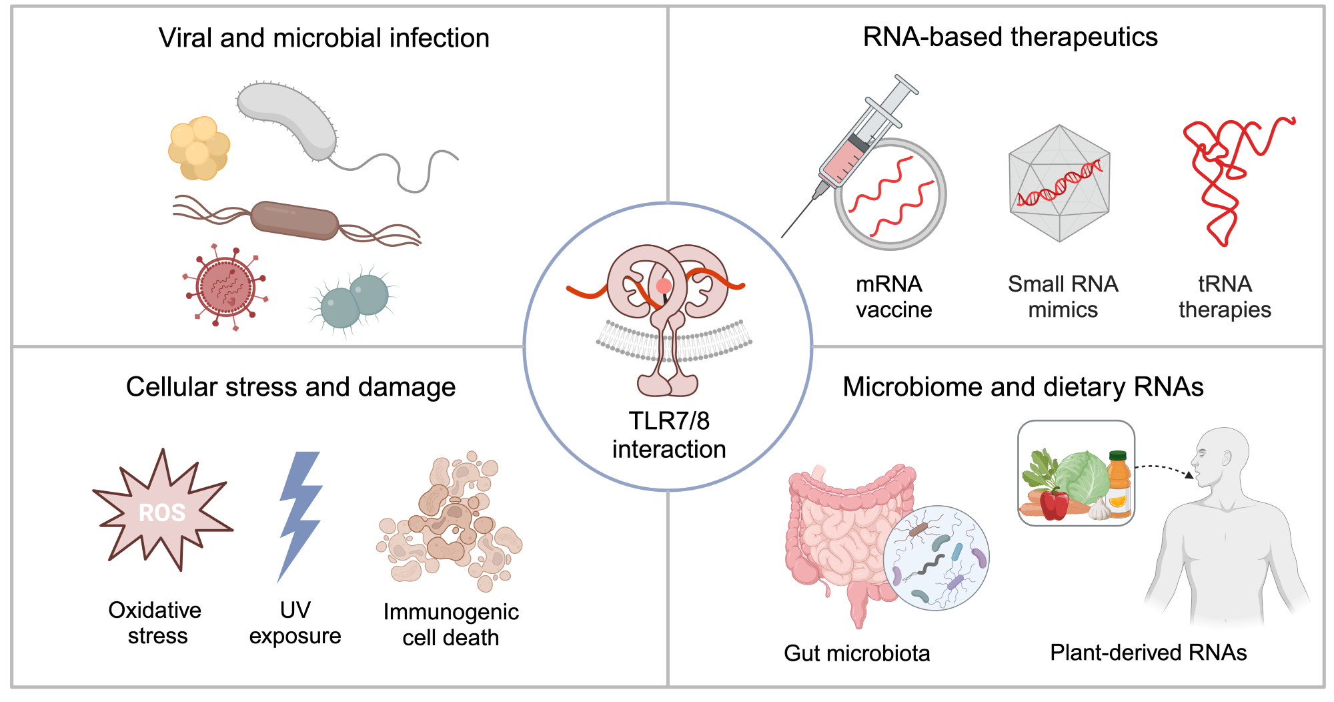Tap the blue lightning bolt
[x=299, y=514]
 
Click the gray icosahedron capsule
[x=1059, y=184]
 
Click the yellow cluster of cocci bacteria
[x=199, y=148]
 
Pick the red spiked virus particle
[x=226, y=287]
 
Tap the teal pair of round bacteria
[x=354, y=301]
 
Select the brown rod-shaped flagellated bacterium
[x=295, y=220]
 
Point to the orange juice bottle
[x=1119, y=485]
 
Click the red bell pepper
[x=1054, y=503]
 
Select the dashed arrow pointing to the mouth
[x=1164, y=468]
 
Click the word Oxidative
[x=155, y=610]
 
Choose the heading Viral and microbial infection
[x=323, y=38]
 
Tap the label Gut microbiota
[x=856, y=653]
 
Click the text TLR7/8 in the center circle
[x=669, y=421]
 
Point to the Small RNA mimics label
[x=1063, y=297]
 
